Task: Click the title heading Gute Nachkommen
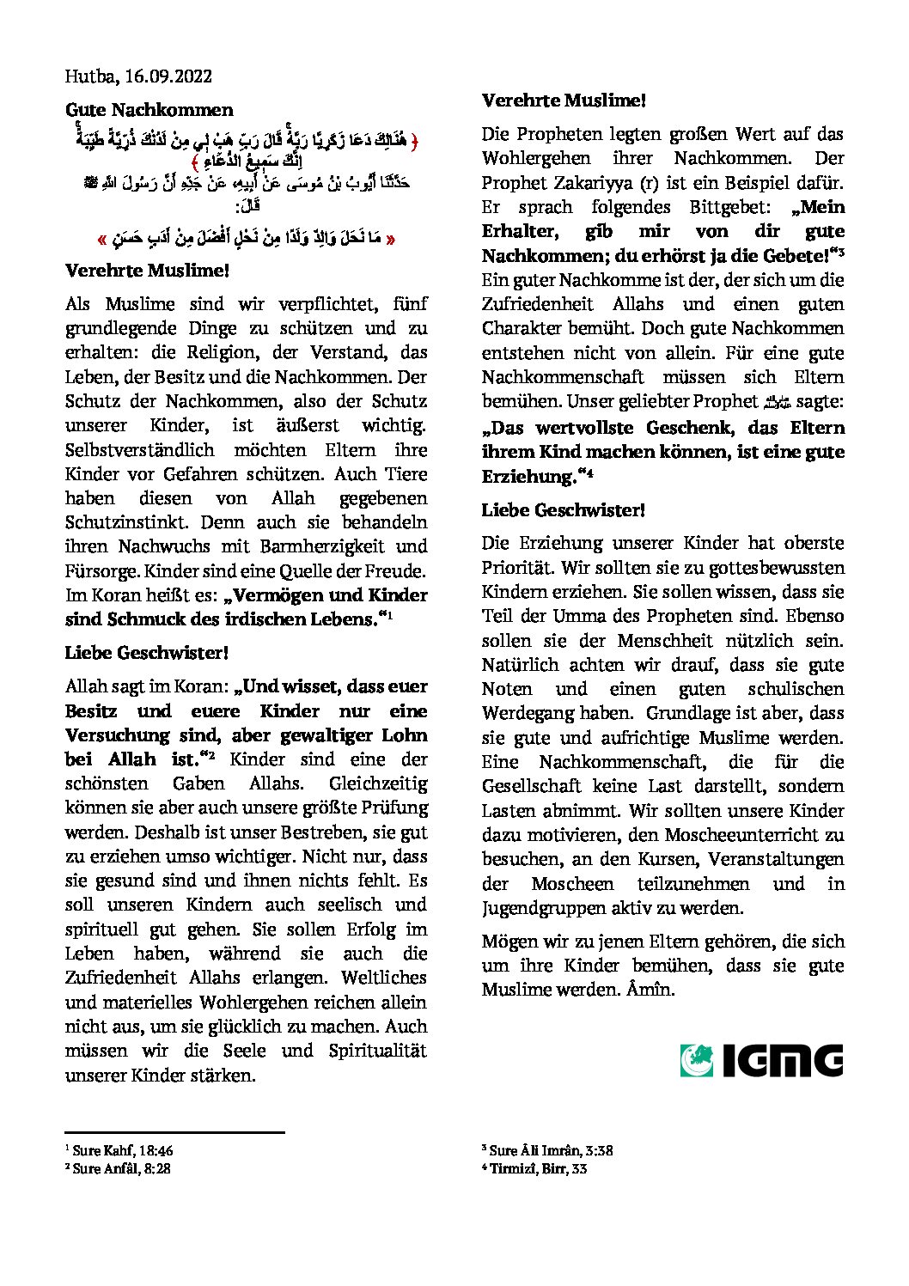(149, 110)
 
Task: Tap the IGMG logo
(761, 1060)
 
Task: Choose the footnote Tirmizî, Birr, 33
(538, 1168)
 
